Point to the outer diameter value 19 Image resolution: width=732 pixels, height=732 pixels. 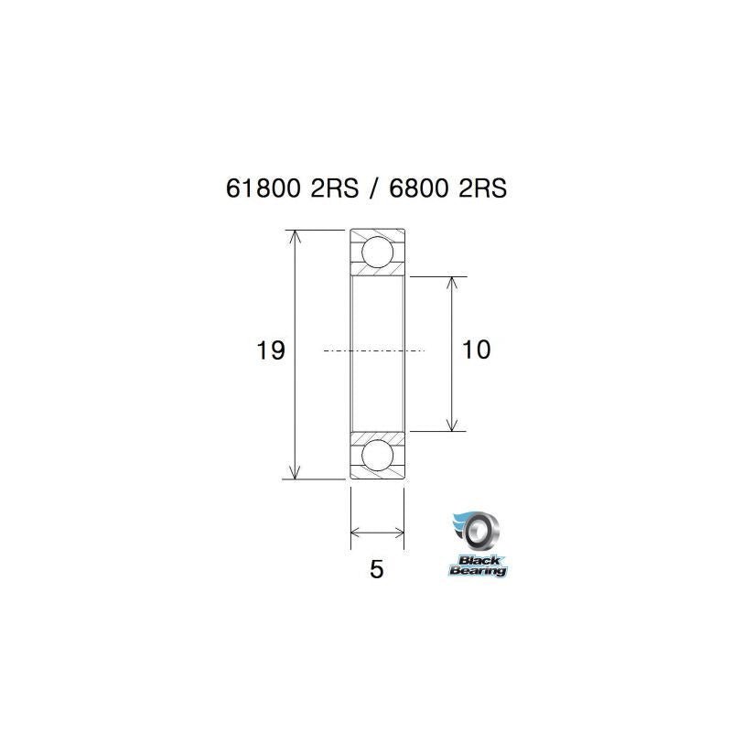point(272,350)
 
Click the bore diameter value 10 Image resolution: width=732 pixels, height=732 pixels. point(477,350)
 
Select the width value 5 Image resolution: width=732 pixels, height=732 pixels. point(376,569)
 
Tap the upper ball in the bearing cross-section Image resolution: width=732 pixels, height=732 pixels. point(377,251)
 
